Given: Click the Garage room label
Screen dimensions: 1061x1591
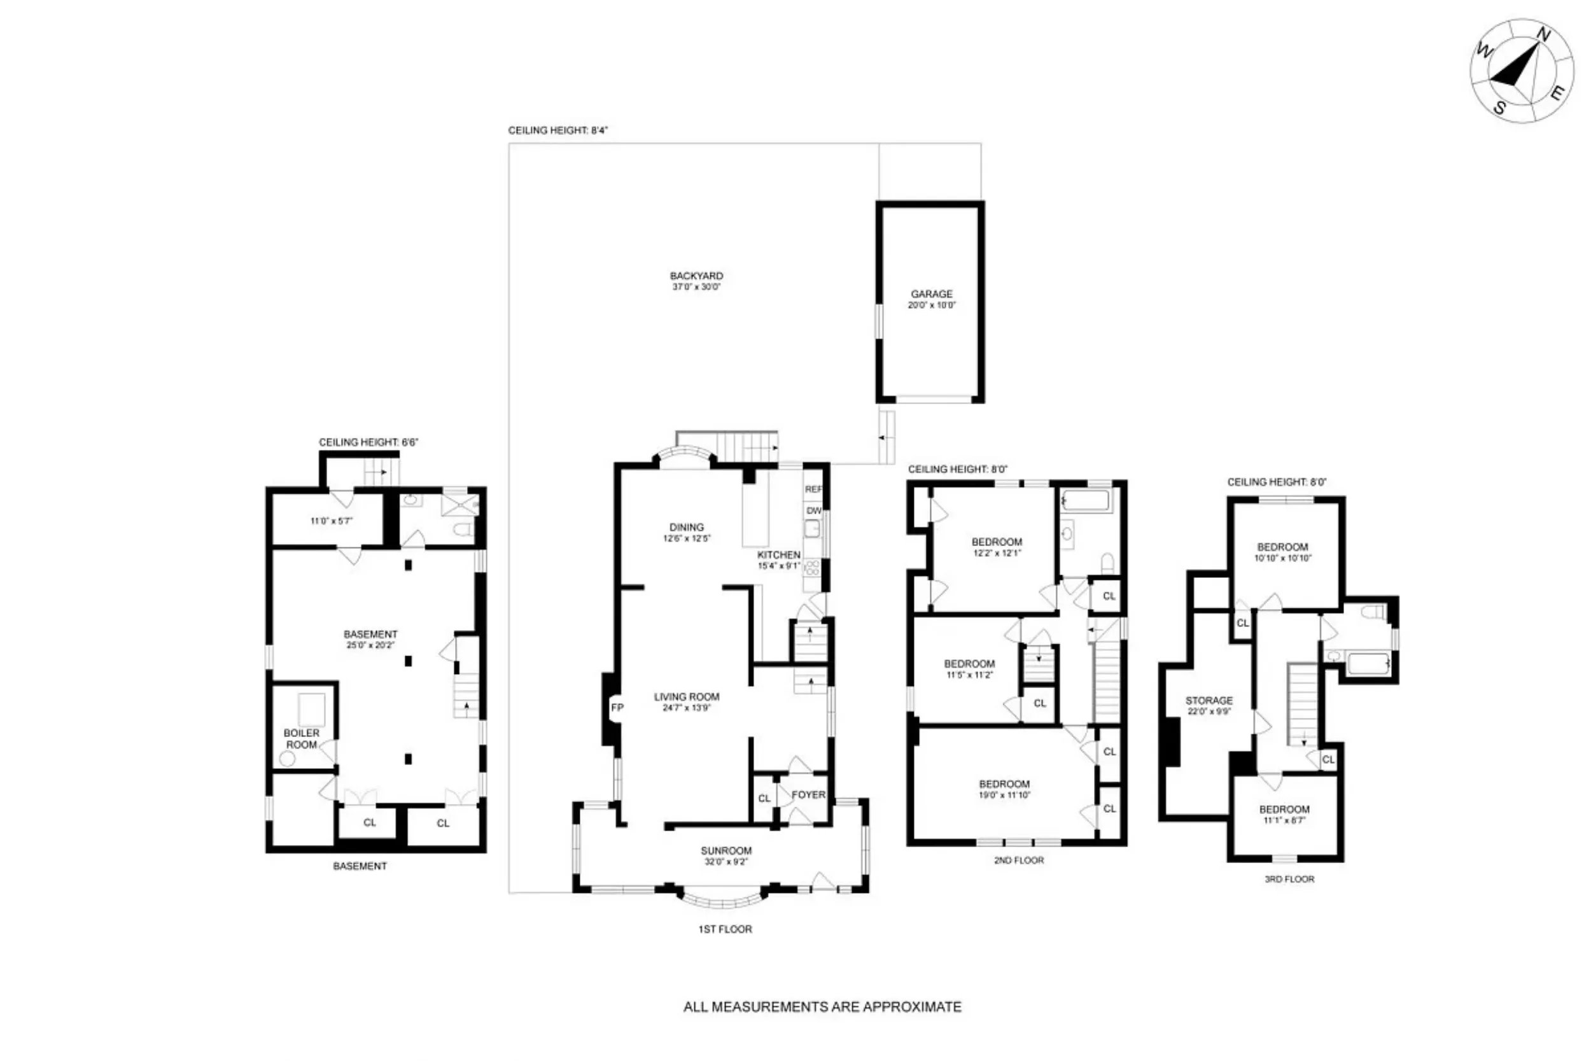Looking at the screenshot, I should [x=932, y=293].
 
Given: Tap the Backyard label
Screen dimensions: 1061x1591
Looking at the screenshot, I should [x=696, y=276].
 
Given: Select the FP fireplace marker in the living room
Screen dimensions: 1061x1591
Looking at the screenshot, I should [x=617, y=708].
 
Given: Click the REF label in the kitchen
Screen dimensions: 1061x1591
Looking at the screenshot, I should [x=813, y=489].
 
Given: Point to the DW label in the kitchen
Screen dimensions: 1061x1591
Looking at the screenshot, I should [x=813, y=510].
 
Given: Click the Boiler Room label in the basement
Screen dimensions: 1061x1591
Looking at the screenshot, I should [x=301, y=738].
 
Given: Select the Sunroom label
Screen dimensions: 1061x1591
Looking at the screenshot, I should [x=726, y=850].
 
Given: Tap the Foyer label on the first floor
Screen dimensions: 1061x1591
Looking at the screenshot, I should [x=808, y=794].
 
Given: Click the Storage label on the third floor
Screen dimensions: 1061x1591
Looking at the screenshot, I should [x=1209, y=700].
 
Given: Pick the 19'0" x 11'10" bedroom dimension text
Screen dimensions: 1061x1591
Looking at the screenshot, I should [x=1004, y=795].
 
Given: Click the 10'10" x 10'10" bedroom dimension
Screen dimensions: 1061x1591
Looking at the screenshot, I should [x=1282, y=558].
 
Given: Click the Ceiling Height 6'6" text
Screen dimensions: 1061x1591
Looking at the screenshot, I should [x=368, y=442].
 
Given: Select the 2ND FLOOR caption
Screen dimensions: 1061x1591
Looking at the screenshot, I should [x=1018, y=860].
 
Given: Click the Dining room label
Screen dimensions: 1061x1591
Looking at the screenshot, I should [x=687, y=527].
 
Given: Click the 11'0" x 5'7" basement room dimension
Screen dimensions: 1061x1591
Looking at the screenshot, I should [x=332, y=521].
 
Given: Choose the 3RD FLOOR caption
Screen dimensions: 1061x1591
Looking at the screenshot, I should [x=1289, y=879].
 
